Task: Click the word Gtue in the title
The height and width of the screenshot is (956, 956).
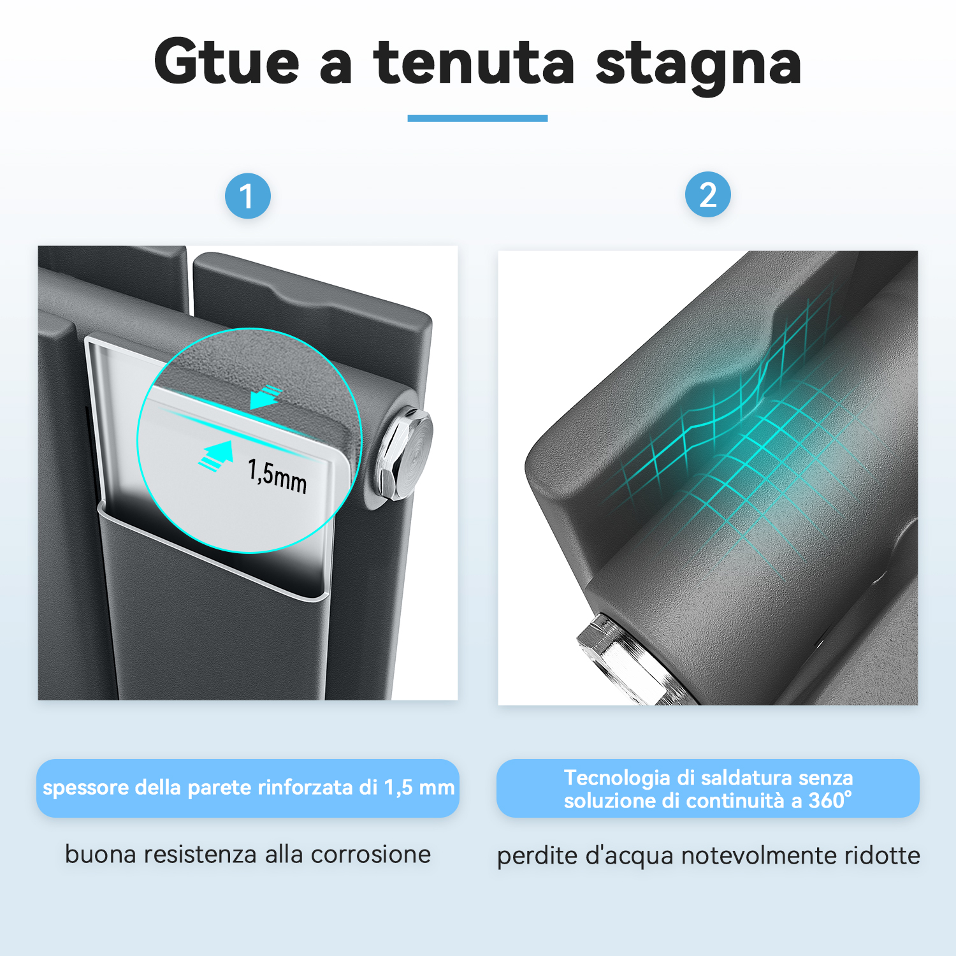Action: click(x=227, y=62)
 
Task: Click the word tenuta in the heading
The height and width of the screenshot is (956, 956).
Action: click(x=474, y=62)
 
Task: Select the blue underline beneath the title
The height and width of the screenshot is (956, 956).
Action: click(x=477, y=118)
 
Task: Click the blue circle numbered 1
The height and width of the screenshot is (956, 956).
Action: click(x=248, y=196)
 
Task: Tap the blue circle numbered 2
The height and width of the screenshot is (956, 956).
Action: click(x=708, y=194)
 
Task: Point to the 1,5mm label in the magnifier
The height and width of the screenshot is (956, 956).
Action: click(x=277, y=475)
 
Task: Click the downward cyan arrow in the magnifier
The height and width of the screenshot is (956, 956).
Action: click(x=266, y=397)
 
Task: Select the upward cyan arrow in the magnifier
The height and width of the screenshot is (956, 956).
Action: click(x=216, y=455)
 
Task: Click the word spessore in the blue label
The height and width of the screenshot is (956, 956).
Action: click(x=85, y=788)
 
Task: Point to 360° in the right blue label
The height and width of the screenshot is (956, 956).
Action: click(x=830, y=800)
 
